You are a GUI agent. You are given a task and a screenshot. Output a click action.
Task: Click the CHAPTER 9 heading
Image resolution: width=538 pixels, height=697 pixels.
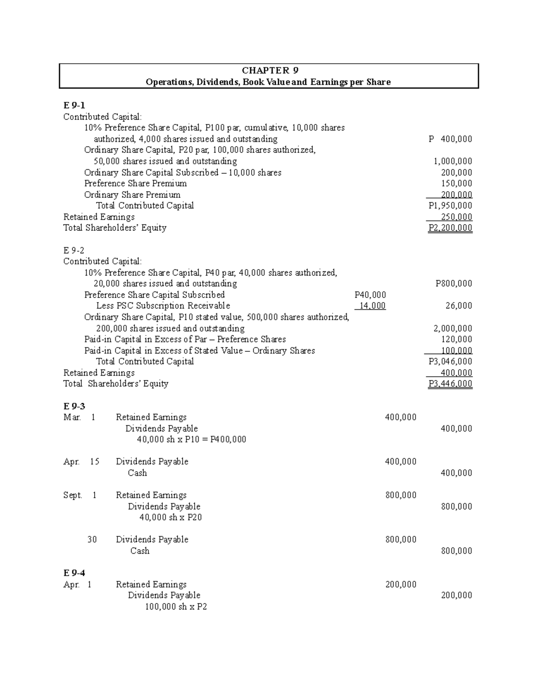[x=269, y=70]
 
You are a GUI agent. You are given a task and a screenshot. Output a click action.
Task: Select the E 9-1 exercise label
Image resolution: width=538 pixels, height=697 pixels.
[x=74, y=105]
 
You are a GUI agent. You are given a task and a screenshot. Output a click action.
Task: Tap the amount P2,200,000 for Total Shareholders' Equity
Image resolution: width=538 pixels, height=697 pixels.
[x=450, y=228]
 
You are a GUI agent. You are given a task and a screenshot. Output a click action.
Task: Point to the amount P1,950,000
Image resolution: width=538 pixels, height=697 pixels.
[x=450, y=206]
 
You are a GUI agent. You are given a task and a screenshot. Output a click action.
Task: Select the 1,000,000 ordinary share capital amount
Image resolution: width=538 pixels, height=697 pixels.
[x=452, y=161]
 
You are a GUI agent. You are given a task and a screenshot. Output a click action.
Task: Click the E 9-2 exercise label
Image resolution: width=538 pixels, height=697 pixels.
[x=74, y=250]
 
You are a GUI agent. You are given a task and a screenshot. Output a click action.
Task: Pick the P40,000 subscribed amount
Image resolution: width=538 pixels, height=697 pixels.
[x=370, y=295]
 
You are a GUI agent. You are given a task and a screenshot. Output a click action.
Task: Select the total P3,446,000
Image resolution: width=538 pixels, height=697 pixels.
[x=450, y=384]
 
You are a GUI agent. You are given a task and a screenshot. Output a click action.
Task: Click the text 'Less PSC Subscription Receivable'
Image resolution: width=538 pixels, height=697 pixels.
[x=163, y=306]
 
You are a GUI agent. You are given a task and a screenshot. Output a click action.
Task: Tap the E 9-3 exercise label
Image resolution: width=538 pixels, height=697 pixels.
[x=74, y=406]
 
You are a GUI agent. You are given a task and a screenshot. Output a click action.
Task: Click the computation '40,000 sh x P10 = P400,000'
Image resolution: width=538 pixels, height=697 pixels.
[x=191, y=439]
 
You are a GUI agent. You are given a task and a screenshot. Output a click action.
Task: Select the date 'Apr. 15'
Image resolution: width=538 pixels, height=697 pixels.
[x=81, y=462]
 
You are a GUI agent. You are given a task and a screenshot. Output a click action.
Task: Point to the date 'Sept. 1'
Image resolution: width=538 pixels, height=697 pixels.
[x=80, y=495]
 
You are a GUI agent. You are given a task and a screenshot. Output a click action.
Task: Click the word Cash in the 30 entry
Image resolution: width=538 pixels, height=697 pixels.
[x=140, y=551]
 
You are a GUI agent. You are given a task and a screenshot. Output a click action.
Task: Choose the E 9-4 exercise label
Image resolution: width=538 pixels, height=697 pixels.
[x=74, y=573]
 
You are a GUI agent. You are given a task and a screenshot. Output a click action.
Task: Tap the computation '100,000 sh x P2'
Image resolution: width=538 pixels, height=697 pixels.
[x=176, y=607]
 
